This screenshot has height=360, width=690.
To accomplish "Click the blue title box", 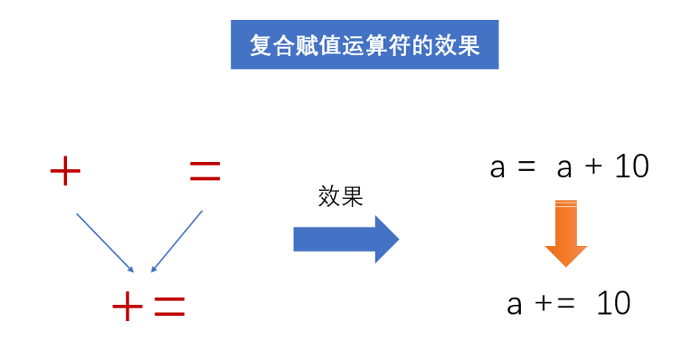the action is point(365,45).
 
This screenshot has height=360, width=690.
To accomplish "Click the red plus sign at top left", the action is point(65,171).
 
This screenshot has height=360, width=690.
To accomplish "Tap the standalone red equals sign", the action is point(205,171).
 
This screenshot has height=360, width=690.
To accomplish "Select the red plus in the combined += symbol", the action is point(128,306).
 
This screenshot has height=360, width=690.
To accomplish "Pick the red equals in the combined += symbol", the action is point(170,307).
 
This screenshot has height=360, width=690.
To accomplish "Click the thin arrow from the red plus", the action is point(104,243).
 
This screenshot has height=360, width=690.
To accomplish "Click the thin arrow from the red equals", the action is point(176,241).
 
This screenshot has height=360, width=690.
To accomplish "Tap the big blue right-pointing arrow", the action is point(346,239).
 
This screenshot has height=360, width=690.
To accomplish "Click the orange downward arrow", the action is point(566,234).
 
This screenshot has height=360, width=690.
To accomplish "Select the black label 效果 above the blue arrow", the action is point(341,196).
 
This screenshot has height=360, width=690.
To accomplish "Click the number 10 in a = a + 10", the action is point(632,166).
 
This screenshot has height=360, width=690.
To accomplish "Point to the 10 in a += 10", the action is point(613,303).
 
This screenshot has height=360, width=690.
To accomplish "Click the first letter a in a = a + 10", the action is point(497,169).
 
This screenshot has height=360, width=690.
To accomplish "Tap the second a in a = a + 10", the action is point(564,169).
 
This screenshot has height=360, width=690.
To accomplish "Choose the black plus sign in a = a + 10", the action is point(593,167).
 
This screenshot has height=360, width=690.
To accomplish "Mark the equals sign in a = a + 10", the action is point(526,167).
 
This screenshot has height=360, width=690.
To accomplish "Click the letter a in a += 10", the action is point(515,306).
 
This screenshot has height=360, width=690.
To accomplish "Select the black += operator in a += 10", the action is point(555,303).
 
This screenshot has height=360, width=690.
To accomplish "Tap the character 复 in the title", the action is point(262,45).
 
